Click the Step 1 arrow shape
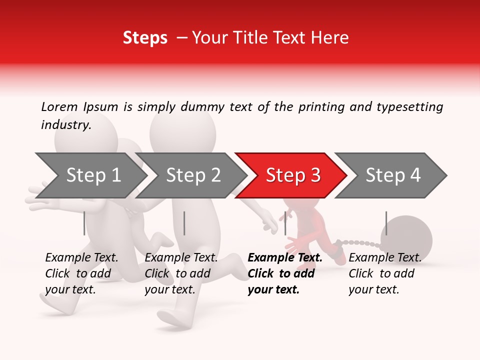[x=92, y=175]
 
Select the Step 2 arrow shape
[x=192, y=175]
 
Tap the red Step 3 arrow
[x=292, y=175]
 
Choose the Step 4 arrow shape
[x=392, y=175]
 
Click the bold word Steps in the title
[x=145, y=38]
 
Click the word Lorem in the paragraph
[x=59, y=107]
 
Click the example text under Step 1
[x=81, y=273]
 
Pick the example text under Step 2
[x=181, y=273]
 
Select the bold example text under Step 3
[x=285, y=273]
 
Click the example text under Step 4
[x=385, y=273]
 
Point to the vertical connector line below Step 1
[x=84, y=223]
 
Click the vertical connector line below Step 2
[x=184, y=223]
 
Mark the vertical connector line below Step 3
[x=285, y=223]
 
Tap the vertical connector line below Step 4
[x=386, y=223]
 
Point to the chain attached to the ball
[x=362, y=244]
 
